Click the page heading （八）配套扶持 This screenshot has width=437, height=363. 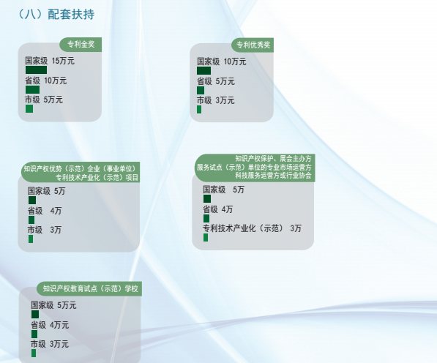point(56,14)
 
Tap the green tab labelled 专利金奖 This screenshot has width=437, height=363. point(81,45)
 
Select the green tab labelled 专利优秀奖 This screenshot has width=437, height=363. point(253,45)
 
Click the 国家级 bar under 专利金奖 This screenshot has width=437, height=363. point(36,70)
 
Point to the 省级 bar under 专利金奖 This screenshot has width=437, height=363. point(33,90)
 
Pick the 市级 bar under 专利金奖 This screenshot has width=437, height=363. point(29,108)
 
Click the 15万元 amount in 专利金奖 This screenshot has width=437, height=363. point(63,61)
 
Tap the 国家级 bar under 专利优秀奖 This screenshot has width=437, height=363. point(204,70)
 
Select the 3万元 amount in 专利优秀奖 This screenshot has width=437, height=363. point(225,100)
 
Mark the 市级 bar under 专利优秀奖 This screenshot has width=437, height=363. point(199,110)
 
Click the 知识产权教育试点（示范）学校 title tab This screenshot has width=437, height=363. point(89,288)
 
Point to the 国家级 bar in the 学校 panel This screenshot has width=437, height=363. point(35,314)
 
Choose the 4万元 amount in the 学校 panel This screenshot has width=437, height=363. point(59,325)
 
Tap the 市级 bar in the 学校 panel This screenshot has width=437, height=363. point(34,353)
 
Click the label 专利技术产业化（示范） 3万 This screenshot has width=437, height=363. point(252,228)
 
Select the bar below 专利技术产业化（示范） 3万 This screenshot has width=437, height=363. point(206,238)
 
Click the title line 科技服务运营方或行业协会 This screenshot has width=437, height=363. point(273,176)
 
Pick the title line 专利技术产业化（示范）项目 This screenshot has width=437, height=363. point(97,177)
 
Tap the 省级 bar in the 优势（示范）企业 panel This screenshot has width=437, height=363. point(31,220)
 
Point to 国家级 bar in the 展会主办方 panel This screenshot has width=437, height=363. point(207,198)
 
